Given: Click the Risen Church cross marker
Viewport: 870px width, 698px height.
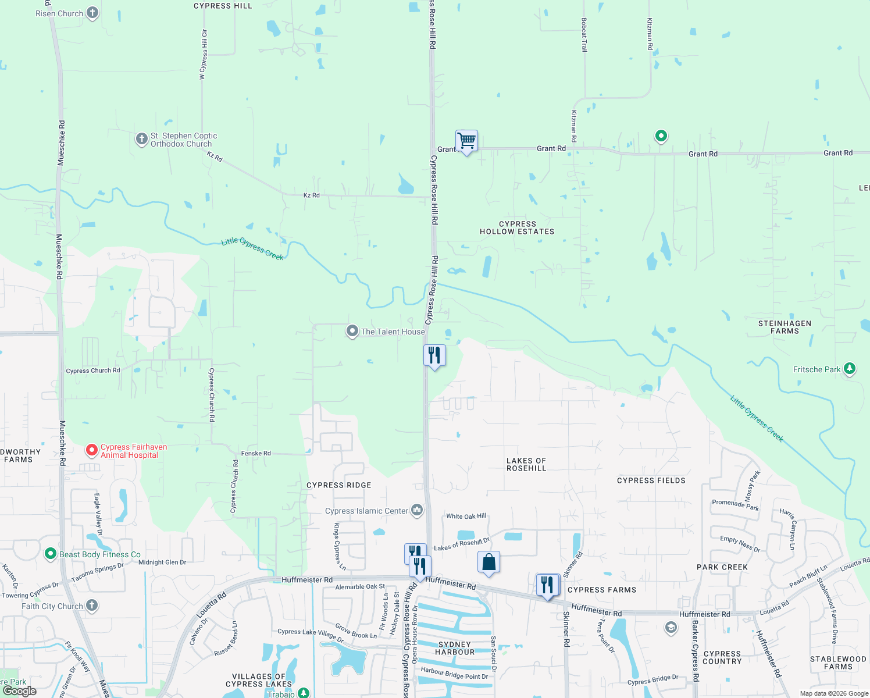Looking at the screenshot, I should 92,13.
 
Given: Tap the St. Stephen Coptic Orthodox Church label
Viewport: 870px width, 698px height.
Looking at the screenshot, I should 184,140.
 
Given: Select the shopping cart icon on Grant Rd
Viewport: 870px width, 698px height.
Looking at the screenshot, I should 466,140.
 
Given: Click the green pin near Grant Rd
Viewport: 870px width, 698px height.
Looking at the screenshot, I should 661,136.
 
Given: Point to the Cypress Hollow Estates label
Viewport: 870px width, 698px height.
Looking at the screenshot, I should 517,227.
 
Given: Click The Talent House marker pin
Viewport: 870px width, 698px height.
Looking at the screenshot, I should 352,332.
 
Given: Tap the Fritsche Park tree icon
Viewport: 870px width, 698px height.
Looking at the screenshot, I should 850,369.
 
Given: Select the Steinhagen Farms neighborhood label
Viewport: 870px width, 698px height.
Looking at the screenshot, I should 785,327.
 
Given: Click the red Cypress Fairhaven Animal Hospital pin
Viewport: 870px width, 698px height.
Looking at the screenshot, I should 92,450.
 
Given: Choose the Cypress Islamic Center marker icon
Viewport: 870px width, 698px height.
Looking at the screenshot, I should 417,511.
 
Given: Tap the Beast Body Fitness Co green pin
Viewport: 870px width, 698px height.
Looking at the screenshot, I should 51,554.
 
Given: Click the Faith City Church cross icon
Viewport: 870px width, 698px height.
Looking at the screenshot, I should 92,606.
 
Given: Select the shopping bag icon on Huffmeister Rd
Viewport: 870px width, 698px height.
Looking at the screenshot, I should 489,562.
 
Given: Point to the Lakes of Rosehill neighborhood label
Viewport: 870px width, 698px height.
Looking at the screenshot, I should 526,464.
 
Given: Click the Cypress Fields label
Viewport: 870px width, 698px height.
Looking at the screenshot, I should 651,480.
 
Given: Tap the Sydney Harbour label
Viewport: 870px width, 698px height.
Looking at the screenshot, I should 455,648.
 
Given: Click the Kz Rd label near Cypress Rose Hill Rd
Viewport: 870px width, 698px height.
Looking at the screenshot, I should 312,195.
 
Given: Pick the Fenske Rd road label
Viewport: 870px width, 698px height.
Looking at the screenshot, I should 256,453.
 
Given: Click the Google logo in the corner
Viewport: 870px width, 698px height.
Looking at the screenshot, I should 20,691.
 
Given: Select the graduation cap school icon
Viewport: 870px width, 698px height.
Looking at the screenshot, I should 671,628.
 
